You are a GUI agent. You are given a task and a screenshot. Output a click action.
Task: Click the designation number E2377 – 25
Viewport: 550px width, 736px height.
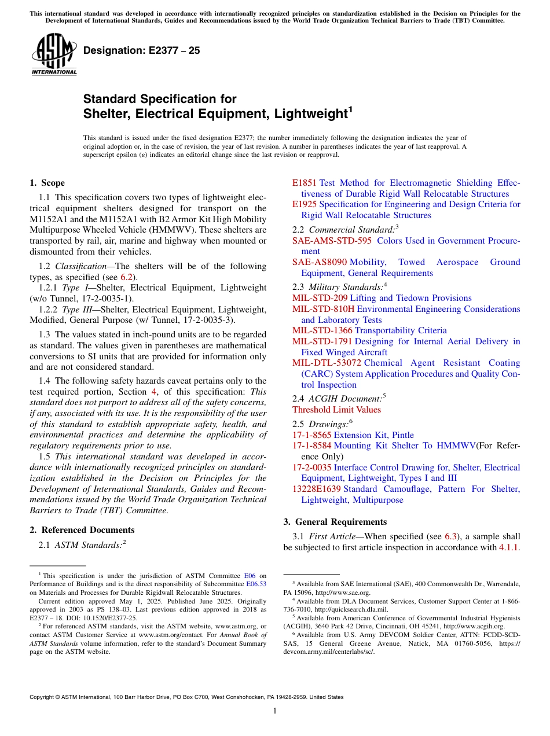[x=142, y=51]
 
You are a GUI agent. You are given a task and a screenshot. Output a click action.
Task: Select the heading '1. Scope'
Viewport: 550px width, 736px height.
[x=47, y=183]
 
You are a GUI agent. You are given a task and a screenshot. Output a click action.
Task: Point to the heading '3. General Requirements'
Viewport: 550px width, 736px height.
[x=335, y=522]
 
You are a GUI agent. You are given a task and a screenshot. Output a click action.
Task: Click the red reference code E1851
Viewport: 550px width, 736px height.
[x=305, y=183]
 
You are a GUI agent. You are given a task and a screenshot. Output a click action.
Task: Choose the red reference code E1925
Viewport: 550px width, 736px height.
[x=305, y=204]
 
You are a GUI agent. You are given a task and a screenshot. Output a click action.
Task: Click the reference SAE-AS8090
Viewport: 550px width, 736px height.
[x=320, y=262]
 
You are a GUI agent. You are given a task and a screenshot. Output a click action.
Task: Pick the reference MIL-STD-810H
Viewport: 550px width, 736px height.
[x=323, y=309]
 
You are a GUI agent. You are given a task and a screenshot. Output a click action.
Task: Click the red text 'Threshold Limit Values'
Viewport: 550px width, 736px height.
[x=336, y=410]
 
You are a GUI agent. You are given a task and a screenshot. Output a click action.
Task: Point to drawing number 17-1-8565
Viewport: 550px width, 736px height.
[x=312, y=435]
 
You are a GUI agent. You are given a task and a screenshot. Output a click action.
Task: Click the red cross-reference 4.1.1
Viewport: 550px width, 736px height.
[x=509, y=547]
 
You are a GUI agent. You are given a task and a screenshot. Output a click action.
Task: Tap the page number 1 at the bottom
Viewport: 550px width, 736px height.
[x=275, y=711]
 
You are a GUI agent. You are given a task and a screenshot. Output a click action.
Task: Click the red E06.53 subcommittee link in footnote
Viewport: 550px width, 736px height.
[x=256, y=584]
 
